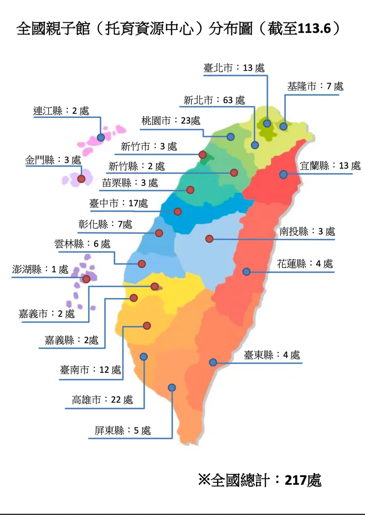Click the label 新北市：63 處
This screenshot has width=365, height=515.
click(214, 100)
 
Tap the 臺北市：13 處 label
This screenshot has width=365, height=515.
click(234, 68)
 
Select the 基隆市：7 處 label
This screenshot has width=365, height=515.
click(315, 86)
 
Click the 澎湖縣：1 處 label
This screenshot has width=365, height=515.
click(40, 269)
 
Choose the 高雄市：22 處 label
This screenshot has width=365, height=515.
click(102, 400)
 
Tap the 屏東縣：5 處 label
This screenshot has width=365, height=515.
click(123, 430)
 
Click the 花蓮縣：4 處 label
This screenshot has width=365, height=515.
click(305, 264)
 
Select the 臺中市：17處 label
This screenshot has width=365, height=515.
click(118, 203)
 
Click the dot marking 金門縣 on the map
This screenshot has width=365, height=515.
click(81, 179)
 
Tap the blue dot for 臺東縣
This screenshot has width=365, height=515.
click(213, 362)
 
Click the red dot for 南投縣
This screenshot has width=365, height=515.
click(209, 239)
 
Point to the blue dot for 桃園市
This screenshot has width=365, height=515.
click(230, 137)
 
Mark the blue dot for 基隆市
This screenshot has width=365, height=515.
click(283, 126)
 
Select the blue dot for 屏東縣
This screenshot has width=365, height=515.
click(172, 388)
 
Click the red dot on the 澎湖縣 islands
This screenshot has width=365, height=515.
click(86, 279)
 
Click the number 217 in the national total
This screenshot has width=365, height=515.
click(295, 480)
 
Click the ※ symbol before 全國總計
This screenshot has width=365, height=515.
click(204, 479)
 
